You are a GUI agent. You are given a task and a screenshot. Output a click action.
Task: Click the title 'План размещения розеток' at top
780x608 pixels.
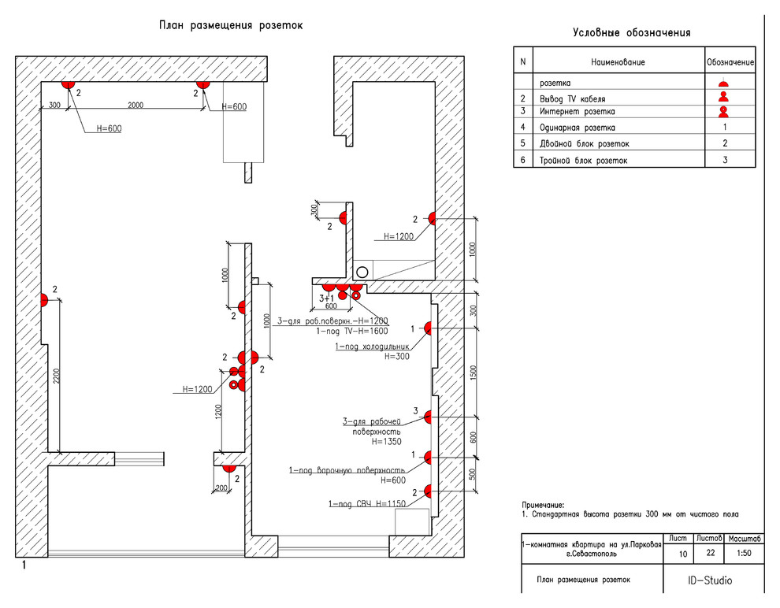click(231, 25)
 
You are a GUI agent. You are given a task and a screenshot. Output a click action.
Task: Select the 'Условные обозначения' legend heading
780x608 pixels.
click(632, 32)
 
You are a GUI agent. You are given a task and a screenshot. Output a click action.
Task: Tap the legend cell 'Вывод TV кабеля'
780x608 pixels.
click(572, 98)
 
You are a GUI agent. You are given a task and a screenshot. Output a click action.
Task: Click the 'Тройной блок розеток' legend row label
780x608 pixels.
click(584, 160)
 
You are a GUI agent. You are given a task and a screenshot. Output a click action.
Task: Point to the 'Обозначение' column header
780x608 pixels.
click(730, 61)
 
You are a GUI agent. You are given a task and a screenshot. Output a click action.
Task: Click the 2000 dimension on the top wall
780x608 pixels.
click(136, 105)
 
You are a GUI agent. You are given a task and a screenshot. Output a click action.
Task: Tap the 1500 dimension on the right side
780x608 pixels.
click(474, 372)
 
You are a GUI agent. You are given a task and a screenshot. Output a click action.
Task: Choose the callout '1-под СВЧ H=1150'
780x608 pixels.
click(367, 503)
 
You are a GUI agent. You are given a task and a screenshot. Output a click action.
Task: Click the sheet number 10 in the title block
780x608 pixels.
click(683, 554)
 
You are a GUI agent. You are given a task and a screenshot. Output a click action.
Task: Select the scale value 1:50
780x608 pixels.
click(743, 554)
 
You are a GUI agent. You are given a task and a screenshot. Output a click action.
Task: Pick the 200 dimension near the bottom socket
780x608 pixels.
click(220, 488)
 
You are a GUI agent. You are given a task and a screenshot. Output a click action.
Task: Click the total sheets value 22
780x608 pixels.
click(711, 554)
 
